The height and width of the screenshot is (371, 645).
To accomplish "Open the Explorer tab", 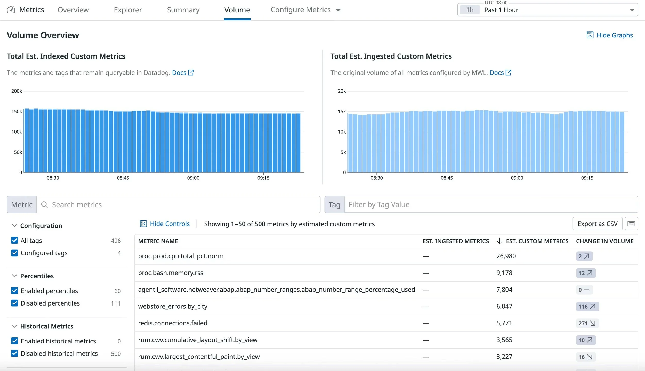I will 128,10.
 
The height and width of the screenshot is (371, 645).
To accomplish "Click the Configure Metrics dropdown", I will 305,10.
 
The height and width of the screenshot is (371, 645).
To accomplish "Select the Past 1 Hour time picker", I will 547,10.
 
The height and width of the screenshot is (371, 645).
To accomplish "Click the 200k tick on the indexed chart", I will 17,91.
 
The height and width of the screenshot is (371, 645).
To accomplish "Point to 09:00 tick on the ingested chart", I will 517,178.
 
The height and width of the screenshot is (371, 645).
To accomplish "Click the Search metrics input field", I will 178,205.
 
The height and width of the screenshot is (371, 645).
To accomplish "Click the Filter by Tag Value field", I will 490,205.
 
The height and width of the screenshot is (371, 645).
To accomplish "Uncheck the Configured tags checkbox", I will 15,253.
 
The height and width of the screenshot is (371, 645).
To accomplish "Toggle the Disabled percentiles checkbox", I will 15,303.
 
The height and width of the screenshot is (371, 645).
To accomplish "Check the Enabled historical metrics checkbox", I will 15,341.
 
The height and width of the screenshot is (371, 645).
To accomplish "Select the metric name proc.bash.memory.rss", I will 171,273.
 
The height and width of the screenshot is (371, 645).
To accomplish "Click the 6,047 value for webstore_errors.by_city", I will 504,306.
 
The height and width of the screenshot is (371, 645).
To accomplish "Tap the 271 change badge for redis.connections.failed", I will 587,323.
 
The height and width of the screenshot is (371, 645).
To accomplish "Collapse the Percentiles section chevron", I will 14,276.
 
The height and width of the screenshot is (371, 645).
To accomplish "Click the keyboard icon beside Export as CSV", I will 631,224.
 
